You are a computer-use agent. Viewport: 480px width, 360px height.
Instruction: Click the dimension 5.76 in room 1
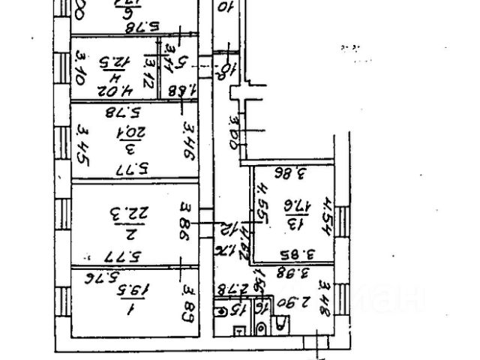pos(99,278)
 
